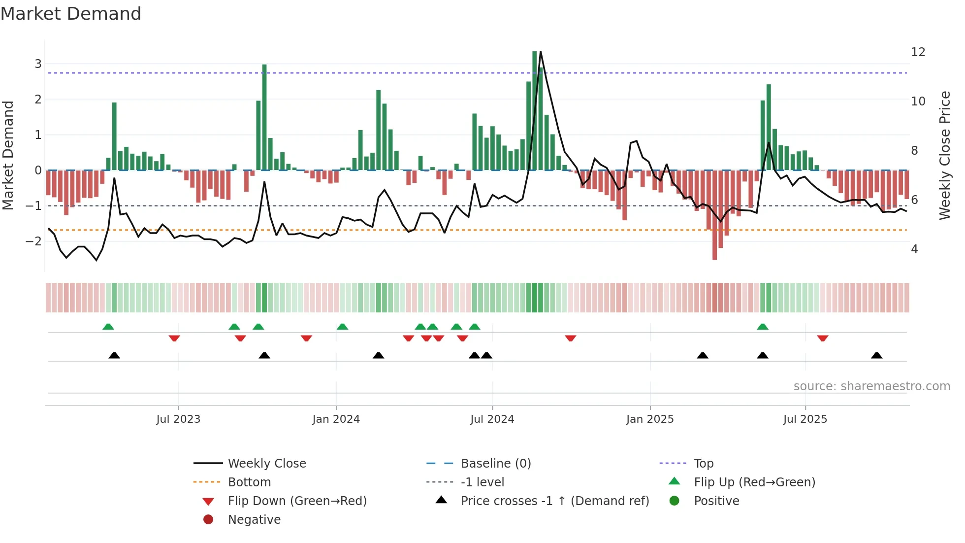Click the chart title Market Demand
click(71, 14)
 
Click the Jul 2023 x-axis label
click(178, 419)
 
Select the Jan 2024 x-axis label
click(336, 419)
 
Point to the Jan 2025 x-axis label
click(650, 419)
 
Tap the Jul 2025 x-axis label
click(805, 419)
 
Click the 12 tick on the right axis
click(918, 52)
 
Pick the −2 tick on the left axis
click(33, 241)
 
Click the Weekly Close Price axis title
click(944, 155)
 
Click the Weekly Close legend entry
click(266, 464)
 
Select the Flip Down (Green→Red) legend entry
click(297, 501)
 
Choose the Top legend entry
click(704, 464)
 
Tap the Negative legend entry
click(254, 520)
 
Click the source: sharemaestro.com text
click(871, 386)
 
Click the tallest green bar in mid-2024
click(535, 111)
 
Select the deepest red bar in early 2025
click(714, 215)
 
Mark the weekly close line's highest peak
click(541, 52)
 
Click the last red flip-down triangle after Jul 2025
click(822, 338)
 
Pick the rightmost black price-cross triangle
click(876, 355)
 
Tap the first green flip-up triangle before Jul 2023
click(108, 327)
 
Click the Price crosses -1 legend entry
click(554, 501)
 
